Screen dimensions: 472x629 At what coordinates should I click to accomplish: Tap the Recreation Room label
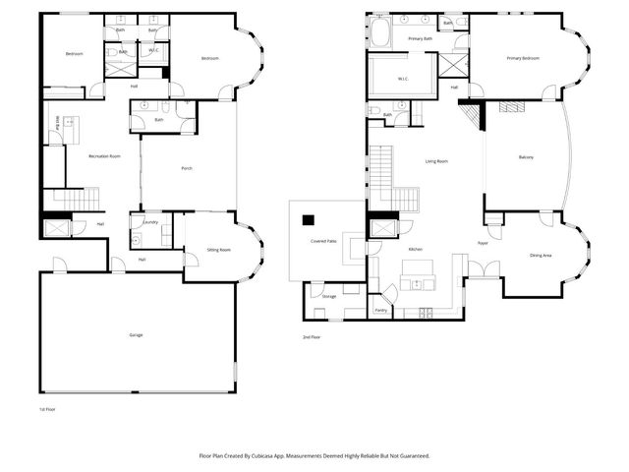tap(104, 156)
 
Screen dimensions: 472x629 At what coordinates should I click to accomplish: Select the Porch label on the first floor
tap(187, 168)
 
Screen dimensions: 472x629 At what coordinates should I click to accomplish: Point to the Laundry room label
tap(150, 222)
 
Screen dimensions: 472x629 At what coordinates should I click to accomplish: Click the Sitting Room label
tap(218, 250)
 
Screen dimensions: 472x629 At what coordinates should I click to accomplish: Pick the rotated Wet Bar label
tap(58, 125)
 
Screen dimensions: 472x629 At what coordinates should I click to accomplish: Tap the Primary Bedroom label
tap(523, 58)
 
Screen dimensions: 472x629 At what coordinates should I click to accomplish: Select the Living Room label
tap(436, 160)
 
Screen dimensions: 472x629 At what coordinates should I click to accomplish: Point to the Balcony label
tap(526, 158)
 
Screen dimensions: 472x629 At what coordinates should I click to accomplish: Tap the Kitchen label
tap(416, 250)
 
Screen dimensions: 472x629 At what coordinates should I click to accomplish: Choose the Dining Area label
tap(541, 255)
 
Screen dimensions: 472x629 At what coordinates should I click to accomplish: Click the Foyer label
tap(483, 242)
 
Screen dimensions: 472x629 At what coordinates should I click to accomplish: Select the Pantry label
tap(380, 310)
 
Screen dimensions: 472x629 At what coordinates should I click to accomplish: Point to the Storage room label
tap(328, 295)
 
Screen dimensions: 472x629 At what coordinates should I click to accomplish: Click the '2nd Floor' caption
tap(312, 337)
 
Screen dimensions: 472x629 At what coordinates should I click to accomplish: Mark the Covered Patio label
tap(323, 241)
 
